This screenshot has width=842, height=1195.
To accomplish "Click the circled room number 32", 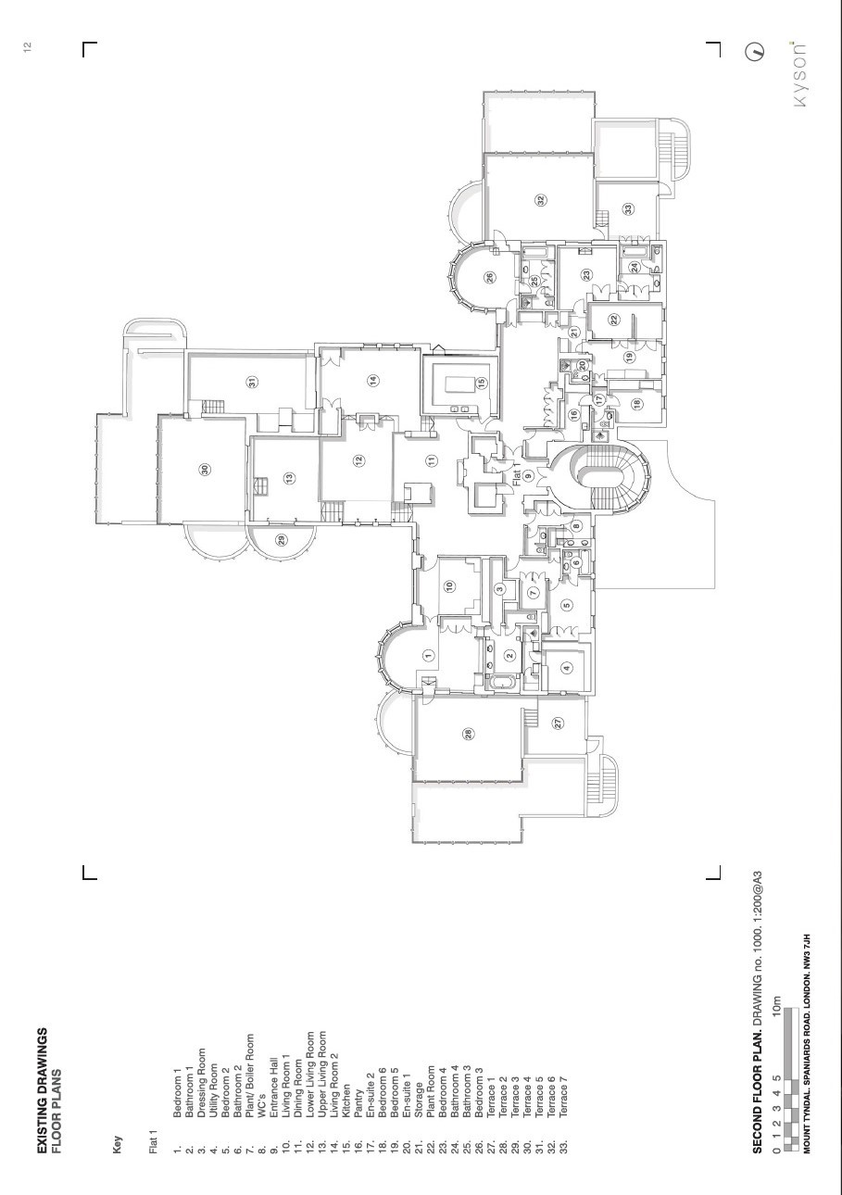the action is click(541, 201).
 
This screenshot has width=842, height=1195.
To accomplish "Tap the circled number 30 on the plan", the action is click(205, 470).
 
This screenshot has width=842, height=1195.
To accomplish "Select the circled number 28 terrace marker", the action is click(469, 734).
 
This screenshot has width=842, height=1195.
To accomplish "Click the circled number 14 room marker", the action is click(373, 381).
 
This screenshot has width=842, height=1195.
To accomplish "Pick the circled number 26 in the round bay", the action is click(489, 277).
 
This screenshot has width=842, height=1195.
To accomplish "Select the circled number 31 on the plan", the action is click(251, 382).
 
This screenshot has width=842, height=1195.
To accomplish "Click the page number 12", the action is click(28, 46).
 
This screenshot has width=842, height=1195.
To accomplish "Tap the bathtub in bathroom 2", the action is click(502, 682).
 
